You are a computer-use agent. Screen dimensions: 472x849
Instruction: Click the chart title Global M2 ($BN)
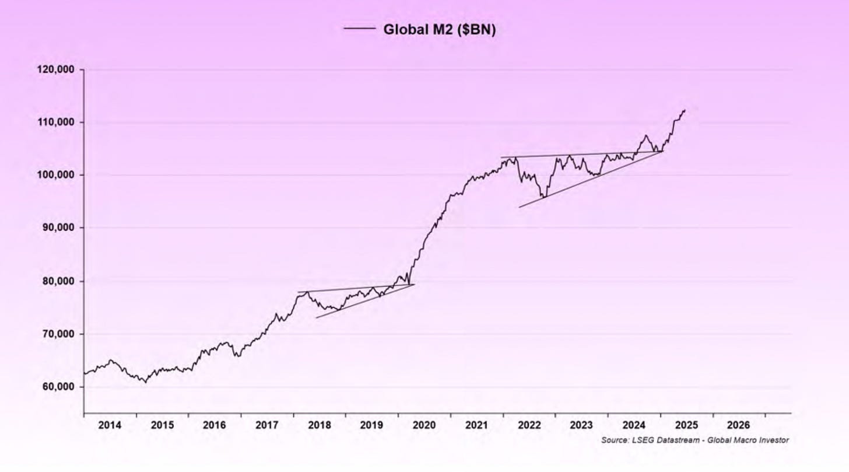tap(439, 30)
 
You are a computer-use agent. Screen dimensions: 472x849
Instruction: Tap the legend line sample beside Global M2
tap(359, 28)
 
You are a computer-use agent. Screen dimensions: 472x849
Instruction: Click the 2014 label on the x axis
tap(110, 425)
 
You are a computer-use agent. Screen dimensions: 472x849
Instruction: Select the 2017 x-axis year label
tap(266, 425)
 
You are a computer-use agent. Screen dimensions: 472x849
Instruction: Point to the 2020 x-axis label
tap(424, 425)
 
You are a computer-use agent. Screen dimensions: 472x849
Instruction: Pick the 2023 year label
tap(581, 425)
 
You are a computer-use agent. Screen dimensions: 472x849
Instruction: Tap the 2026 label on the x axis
tap(738, 425)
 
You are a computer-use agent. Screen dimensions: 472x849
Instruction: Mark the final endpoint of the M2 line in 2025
tap(685, 110)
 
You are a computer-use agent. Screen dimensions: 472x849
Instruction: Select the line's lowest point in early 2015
tap(145, 382)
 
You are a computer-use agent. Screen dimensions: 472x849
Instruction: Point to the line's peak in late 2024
tap(645, 136)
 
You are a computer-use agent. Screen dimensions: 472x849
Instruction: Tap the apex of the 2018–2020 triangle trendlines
tap(414, 284)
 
